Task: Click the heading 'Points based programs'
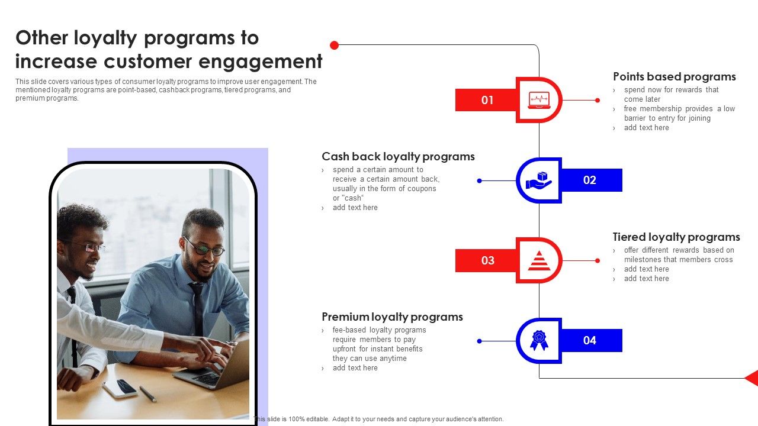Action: tap(674, 77)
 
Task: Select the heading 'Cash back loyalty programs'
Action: tap(398, 157)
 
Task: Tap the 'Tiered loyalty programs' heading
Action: tap(676, 237)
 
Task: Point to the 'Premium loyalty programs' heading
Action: tap(392, 317)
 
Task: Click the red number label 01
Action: tap(487, 100)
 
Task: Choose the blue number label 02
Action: tap(590, 180)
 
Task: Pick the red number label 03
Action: tap(487, 260)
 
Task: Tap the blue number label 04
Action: tap(590, 340)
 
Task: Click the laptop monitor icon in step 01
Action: tap(538, 100)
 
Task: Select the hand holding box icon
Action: tap(538, 180)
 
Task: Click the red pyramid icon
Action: tap(538, 260)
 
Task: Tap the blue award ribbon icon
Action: tap(538, 340)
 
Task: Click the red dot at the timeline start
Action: tap(334, 45)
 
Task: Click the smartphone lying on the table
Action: tap(120, 388)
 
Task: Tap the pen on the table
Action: tap(148, 394)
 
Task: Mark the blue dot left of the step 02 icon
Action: tap(479, 180)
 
